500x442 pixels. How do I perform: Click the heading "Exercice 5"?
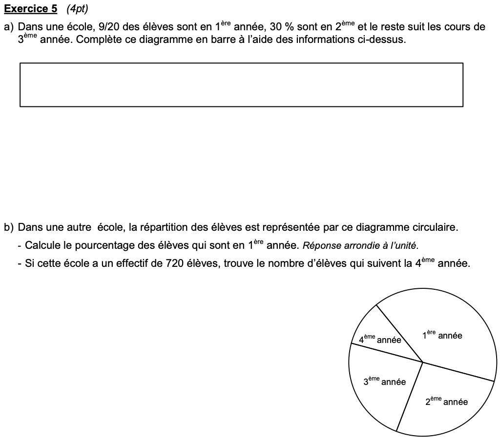tap(30, 9)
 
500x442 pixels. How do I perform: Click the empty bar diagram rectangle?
tap(241, 84)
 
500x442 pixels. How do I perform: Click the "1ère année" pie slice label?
tap(442, 335)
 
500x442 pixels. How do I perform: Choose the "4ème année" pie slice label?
tap(380, 340)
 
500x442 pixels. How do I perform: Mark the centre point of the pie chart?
tap(423, 362)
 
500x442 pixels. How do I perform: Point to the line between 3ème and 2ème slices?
tap(409, 397)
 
